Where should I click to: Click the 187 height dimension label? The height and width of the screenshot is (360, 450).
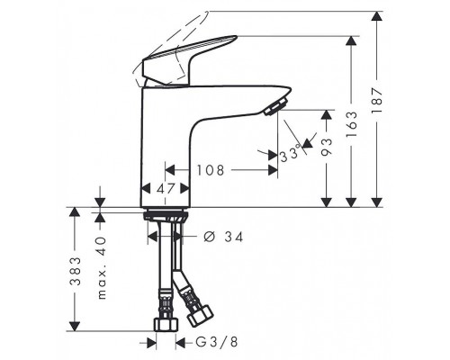pyautogui.click(x=377, y=100)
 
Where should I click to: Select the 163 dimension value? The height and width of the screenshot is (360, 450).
pyautogui.click(x=352, y=124)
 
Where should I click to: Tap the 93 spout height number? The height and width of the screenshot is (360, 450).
pyautogui.click(x=327, y=147)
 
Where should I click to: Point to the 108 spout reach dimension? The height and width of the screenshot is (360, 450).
pyautogui.click(x=211, y=170)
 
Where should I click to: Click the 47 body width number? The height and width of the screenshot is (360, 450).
pyautogui.click(x=166, y=189)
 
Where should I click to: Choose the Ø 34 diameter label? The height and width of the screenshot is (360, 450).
pyautogui.click(x=223, y=237)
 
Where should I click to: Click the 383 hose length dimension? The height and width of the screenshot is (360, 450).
pyautogui.click(x=75, y=271)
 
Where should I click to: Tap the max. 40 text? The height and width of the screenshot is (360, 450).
pyautogui.click(x=102, y=268)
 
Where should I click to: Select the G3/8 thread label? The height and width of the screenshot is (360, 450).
pyautogui.click(x=217, y=342)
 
